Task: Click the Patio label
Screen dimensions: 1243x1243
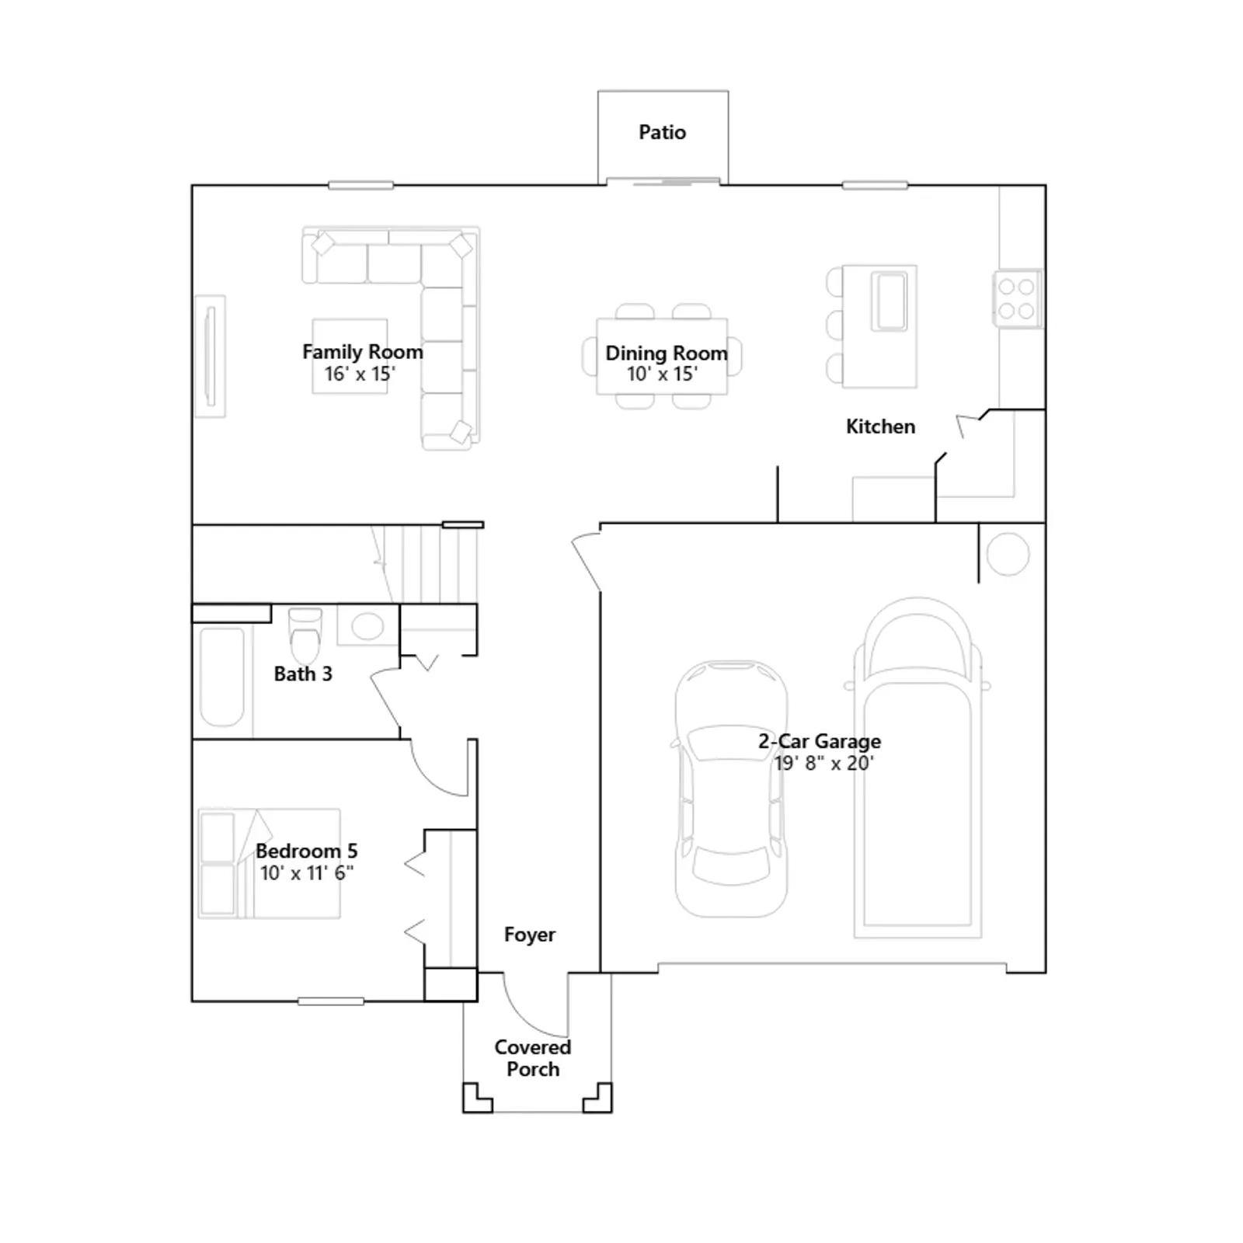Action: point(662,132)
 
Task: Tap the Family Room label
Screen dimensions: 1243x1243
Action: point(363,352)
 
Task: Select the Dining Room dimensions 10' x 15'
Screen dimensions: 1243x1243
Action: point(662,374)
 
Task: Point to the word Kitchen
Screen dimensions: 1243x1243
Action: point(880,427)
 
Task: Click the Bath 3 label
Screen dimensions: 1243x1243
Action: point(303,674)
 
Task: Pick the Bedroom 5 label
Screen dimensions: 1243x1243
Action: point(307,851)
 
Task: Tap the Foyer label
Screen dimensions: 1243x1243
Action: point(530,935)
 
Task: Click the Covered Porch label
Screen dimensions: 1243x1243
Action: point(533,1058)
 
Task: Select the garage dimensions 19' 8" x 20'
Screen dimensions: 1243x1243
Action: point(824,764)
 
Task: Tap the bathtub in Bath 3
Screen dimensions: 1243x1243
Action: point(222,676)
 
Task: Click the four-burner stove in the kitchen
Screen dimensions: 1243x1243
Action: point(1017,299)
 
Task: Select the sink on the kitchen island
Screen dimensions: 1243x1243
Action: point(889,301)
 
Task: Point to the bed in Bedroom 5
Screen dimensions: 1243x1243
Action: point(269,864)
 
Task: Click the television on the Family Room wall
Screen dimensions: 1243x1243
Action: point(210,357)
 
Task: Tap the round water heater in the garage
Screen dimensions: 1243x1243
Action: point(1008,555)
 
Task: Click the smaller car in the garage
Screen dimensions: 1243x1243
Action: point(730,789)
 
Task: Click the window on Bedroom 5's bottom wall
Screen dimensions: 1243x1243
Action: point(331,1001)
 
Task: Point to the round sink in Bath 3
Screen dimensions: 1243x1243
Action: point(367,626)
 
